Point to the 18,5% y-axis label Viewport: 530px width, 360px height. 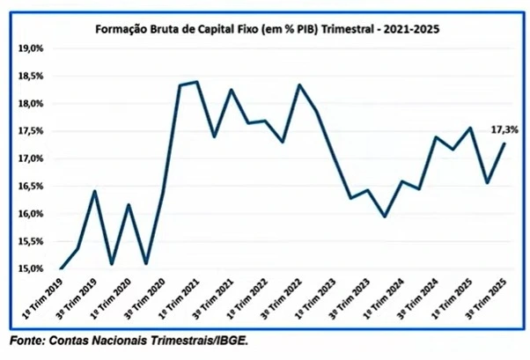coord(32,77)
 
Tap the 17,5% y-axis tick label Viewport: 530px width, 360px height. coord(32,131)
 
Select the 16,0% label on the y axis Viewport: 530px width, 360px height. coord(32,214)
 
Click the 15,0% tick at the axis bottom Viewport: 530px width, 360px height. coord(32,268)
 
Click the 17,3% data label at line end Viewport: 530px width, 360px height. coord(504,129)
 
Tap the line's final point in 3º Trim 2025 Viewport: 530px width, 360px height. coord(504,143)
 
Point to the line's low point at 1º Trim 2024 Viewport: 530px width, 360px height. coord(384,217)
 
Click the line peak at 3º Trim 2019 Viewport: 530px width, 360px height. coord(94,191)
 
